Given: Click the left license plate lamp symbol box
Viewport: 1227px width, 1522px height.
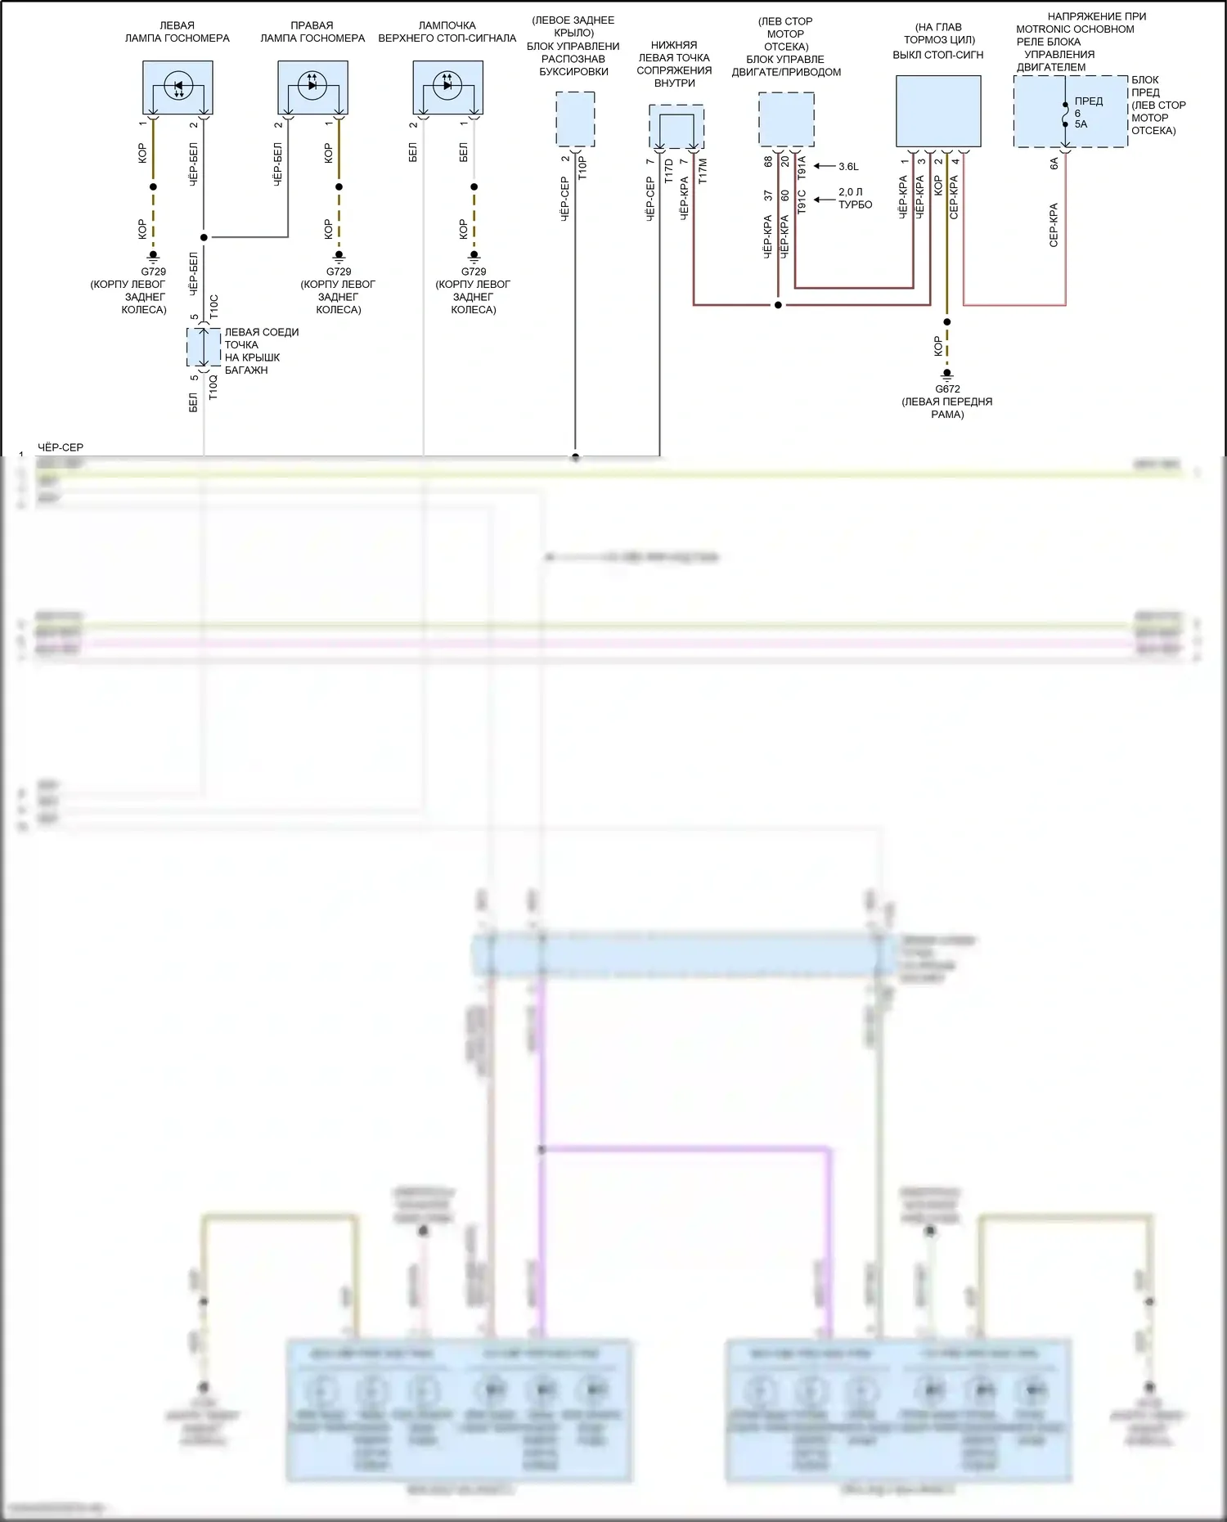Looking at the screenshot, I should [x=178, y=88].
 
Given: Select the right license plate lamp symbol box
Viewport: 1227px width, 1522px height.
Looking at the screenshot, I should [x=312, y=88].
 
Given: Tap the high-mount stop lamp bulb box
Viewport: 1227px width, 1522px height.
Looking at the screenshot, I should [x=447, y=88].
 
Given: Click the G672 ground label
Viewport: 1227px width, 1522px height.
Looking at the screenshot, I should [x=947, y=389].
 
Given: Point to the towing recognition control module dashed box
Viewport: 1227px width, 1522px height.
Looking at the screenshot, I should [x=575, y=119].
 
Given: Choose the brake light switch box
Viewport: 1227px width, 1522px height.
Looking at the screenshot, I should [x=938, y=111].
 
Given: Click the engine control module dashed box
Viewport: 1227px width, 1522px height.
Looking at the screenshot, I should [x=786, y=119].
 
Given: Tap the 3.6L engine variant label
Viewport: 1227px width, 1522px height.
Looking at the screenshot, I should [x=848, y=167].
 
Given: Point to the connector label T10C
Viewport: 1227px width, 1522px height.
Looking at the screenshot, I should [x=213, y=306].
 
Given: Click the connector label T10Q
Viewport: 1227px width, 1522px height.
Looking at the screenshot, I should [x=213, y=386].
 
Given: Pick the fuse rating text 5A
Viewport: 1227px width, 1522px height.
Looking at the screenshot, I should [x=1081, y=124].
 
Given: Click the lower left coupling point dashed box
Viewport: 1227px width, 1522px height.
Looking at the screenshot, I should [x=676, y=126].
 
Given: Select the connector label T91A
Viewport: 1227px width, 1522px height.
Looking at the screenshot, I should [x=802, y=168].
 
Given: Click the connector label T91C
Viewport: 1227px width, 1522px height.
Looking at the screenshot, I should [x=802, y=202].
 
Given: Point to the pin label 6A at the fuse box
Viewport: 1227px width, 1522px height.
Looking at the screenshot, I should [x=1054, y=163].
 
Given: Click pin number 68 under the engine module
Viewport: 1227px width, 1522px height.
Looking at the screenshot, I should [x=768, y=162].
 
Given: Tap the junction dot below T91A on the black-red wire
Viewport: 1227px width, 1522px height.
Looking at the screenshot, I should [x=778, y=305].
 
